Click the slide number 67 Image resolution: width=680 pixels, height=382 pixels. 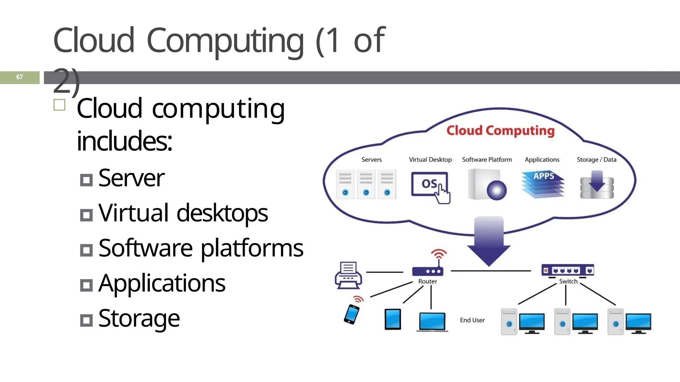point(20,77)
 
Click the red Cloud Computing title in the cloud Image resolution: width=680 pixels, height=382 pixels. point(500,131)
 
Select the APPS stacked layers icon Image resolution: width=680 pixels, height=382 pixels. point(543,184)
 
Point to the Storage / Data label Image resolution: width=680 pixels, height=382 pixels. point(596,159)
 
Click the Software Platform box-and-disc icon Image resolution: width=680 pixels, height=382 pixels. point(487,185)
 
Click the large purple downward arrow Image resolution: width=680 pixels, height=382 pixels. point(489,241)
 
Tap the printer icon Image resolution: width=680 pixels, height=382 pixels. point(348,276)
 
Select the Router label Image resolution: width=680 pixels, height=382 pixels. point(427,281)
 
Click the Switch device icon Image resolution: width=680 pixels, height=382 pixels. point(567,270)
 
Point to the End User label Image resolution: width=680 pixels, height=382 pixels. point(472,320)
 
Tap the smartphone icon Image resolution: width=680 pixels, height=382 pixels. point(352,314)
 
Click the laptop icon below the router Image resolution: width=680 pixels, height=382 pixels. point(432,321)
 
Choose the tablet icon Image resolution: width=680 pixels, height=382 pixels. point(392,319)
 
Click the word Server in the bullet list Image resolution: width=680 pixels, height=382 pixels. point(131,178)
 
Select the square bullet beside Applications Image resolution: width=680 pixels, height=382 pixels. point(86,285)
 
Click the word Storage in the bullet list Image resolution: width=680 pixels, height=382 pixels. point(139,318)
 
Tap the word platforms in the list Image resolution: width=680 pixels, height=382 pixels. point(252,248)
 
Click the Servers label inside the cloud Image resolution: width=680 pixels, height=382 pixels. point(372,159)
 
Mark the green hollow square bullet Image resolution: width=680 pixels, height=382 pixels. point(59,105)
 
